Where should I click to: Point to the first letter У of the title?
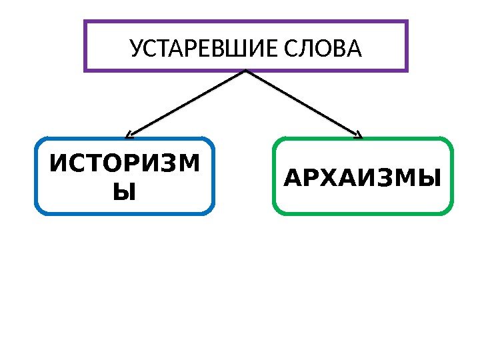(x=135, y=49)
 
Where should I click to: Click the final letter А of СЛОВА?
(x=354, y=49)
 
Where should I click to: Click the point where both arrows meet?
(x=246, y=71)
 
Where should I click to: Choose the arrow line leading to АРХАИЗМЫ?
(x=303, y=103)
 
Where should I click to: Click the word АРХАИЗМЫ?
(x=363, y=179)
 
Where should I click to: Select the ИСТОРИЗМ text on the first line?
(x=124, y=163)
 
